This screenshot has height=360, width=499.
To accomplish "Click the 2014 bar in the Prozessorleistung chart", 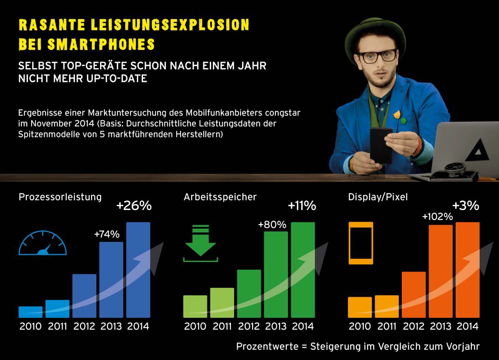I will (x=138, y=270).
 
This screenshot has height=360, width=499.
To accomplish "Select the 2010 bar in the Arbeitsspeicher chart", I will (x=195, y=306).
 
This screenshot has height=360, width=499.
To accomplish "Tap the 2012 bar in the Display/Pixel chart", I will (x=414, y=294).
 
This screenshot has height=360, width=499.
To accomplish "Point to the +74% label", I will (x=107, y=234).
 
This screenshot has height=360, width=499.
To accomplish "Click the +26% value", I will (x=134, y=206).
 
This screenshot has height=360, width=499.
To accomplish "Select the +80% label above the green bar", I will (x=272, y=224).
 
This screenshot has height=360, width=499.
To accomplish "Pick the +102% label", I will (x=437, y=216).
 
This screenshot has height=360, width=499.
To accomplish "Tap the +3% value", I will (x=465, y=206).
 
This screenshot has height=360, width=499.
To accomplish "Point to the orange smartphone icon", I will (x=360, y=243).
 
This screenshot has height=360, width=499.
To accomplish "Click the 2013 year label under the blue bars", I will (x=111, y=326).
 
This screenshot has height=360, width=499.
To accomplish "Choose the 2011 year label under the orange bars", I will (x=386, y=326).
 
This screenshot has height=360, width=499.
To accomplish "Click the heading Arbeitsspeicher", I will (x=220, y=197).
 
